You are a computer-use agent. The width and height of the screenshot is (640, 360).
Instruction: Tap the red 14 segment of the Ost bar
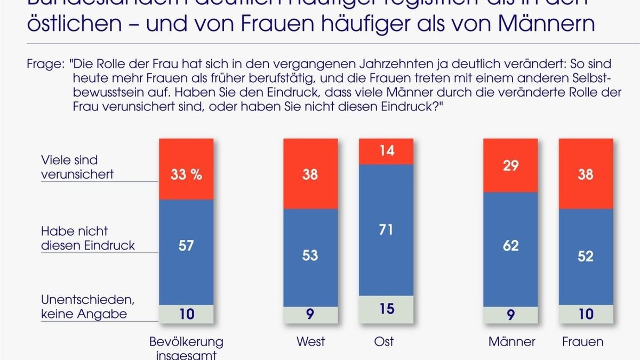coord(386,151)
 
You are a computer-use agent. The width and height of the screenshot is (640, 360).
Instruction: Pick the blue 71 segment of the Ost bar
coord(386,229)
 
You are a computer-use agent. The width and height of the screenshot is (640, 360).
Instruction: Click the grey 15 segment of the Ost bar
coord(386,309)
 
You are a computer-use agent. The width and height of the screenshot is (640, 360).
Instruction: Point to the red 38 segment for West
coord(310,174)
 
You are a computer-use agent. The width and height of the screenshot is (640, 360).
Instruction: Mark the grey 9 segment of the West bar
coord(310,314)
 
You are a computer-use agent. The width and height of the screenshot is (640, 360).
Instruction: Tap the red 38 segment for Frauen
coord(586,174)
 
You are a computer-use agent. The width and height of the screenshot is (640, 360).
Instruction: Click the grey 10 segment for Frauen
coord(586,314)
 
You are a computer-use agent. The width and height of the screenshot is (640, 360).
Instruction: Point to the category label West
coord(310,341)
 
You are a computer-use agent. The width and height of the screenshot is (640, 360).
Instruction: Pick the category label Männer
coord(511,341)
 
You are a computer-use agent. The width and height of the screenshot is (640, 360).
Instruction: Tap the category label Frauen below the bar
coord(582,341)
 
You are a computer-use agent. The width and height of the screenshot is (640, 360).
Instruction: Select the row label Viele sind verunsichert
coord(77,167)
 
